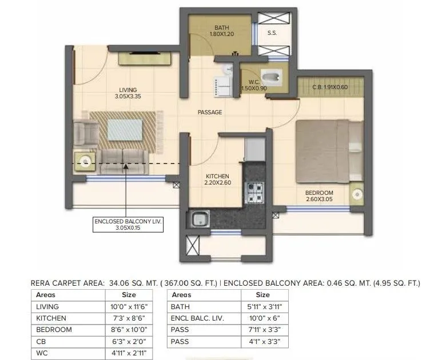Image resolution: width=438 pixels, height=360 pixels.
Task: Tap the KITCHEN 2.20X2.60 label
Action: coord(217,179)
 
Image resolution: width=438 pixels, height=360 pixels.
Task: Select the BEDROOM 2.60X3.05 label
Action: coord(318,196)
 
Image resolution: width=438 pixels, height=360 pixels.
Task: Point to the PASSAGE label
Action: coord(210,113)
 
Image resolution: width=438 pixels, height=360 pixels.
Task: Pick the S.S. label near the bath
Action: coord(272,33)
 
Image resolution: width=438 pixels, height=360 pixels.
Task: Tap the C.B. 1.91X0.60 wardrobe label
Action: coord(330,87)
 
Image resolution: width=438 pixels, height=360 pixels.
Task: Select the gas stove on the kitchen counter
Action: coord(253,192)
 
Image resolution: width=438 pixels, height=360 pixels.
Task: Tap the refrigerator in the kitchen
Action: coord(253,150)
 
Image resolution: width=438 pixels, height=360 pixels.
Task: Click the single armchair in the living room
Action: coord(86,132)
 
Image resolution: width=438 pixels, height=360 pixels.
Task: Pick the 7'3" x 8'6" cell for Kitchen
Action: coord(129,318)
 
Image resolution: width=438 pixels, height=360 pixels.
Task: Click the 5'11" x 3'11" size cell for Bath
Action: coord(262,306)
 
